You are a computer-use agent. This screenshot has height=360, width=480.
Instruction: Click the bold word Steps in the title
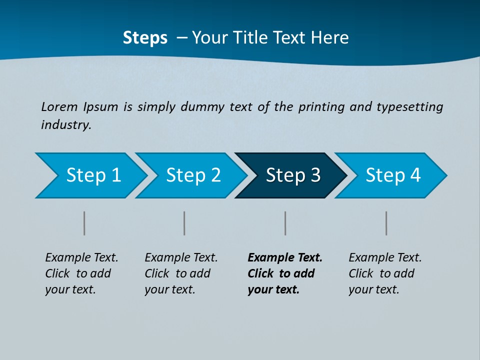click(145, 38)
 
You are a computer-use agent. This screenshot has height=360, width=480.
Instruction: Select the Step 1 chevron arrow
click(93, 175)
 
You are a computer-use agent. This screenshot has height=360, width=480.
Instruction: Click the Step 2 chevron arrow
click(193, 175)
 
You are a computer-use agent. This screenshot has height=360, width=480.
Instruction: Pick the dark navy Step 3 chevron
click(293, 175)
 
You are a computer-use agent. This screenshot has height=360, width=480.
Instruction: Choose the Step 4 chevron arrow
click(393, 175)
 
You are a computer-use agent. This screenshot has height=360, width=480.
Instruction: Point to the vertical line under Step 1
click(84, 223)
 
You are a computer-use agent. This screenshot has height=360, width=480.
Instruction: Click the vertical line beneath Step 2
click(184, 223)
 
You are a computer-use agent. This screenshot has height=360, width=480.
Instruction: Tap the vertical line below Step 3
click(285, 223)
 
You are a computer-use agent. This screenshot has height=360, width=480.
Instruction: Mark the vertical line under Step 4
click(386, 223)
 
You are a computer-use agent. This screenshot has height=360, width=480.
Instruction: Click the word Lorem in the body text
click(59, 107)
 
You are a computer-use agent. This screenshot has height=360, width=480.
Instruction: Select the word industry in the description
click(66, 125)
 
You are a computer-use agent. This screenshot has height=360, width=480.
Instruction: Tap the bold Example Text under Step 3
click(285, 258)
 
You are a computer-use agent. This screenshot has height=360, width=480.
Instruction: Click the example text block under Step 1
click(81, 273)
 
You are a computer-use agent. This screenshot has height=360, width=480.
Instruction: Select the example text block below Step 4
click(385, 273)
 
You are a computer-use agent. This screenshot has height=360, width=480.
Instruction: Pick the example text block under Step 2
click(181, 273)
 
